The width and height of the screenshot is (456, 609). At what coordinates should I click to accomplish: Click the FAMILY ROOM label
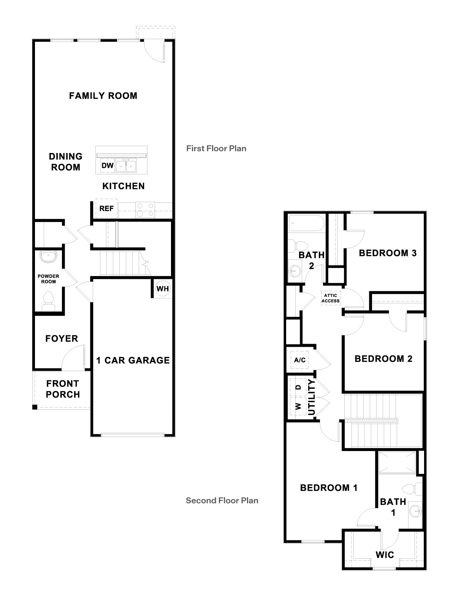103,96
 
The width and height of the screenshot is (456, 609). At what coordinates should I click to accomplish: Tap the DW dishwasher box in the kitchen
108,166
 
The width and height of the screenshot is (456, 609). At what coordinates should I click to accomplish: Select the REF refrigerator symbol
106,209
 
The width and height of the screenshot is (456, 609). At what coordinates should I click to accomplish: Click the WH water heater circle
163,289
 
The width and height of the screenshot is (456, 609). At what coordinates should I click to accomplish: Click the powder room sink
49,257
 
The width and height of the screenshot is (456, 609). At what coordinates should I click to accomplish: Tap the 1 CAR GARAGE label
133,360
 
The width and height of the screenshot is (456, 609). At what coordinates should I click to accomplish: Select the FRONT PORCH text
63,389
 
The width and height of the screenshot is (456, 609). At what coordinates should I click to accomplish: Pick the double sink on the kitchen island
126,166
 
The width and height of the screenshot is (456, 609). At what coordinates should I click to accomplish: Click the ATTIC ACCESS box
331,298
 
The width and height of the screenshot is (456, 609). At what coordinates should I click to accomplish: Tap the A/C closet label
300,360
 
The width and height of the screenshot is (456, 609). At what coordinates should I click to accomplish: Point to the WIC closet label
385,555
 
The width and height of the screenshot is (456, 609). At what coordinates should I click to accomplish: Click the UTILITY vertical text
312,397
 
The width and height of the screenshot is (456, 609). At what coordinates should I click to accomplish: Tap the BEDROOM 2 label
383,359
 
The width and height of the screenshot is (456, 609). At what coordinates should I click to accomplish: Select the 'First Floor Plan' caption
216,148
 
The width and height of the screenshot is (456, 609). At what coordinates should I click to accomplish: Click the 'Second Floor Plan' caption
222,501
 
